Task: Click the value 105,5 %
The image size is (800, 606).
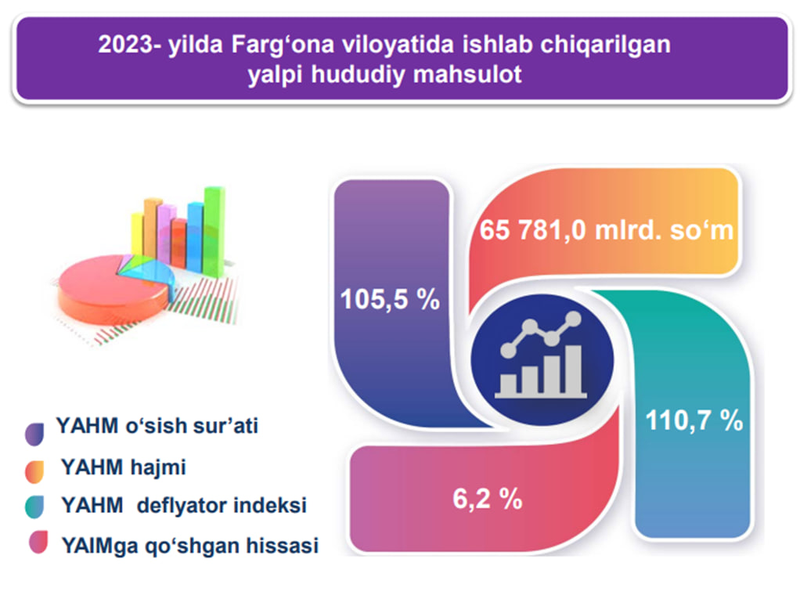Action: [x=390, y=299]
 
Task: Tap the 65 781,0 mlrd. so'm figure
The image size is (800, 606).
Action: [x=606, y=230]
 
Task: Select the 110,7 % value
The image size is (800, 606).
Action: [x=694, y=421]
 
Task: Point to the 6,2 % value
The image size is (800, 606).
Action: [x=487, y=499]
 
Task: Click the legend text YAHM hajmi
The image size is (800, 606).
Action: [x=124, y=467]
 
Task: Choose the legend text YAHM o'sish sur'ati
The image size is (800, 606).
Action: [x=157, y=425]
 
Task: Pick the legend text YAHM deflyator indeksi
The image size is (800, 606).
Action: [x=184, y=506]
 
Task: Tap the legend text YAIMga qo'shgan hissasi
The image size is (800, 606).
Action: [x=189, y=545]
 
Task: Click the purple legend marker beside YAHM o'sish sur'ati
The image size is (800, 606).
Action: [x=34, y=434]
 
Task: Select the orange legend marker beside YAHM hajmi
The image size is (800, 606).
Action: [x=34, y=472]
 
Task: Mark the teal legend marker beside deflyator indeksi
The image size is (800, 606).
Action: [x=34, y=507]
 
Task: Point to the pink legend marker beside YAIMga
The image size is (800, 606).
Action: [x=38, y=543]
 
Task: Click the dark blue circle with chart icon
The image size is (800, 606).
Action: [x=542, y=360]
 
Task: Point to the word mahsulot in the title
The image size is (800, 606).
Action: [x=467, y=74]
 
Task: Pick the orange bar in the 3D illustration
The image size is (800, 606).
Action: [x=152, y=228]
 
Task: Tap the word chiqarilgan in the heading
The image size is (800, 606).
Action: [x=606, y=45]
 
